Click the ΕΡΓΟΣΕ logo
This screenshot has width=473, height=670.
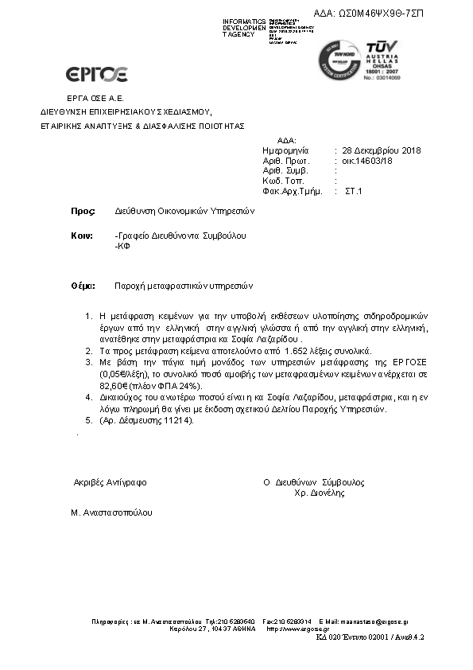pyautogui.click(x=96, y=75)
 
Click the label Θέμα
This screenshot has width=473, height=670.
pyautogui.click(x=83, y=285)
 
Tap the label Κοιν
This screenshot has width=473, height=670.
pyautogui.click(x=82, y=236)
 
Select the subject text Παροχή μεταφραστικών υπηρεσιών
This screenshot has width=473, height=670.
pyautogui.click(x=183, y=285)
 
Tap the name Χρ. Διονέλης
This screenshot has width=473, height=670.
pyautogui.click(x=320, y=493)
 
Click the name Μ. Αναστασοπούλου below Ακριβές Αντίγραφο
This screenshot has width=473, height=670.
pyautogui.click(x=112, y=513)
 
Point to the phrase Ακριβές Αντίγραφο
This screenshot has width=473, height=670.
pyautogui.click(x=110, y=482)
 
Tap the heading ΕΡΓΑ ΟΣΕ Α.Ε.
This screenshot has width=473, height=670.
pyautogui.click(x=76, y=97)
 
